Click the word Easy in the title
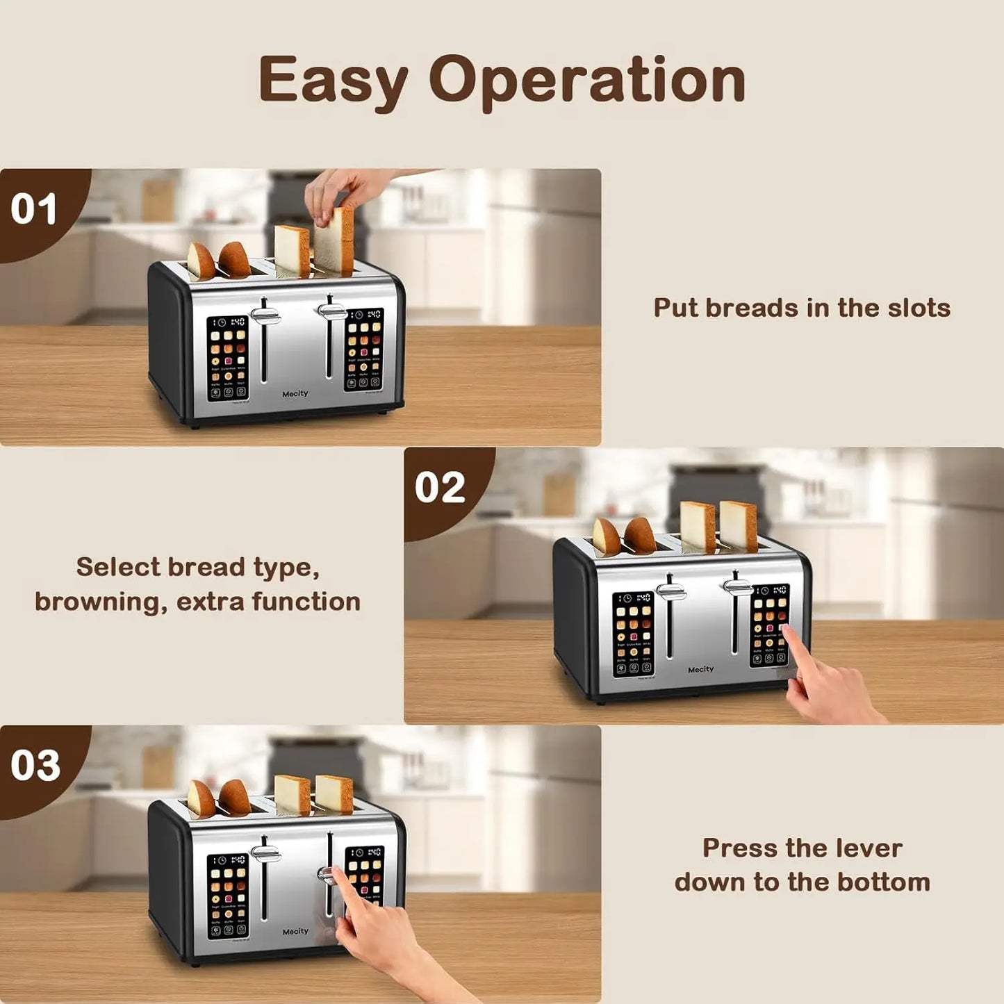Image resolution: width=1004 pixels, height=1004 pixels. [333, 81]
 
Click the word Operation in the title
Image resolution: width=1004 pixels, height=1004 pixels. [587, 81]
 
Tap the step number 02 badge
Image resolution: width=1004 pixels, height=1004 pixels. [440, 488]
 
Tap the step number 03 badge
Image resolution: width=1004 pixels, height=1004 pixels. [35, 766]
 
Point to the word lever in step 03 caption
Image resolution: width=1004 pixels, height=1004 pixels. [869, 848]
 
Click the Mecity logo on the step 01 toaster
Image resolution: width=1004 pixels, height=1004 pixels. [295, 394]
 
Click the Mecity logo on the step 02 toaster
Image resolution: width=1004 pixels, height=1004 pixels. [700, 670]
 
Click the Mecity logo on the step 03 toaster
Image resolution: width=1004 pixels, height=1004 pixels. [295, 932]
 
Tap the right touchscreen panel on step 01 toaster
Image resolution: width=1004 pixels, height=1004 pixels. [363, 349]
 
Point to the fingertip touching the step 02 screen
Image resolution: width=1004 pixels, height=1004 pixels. [785, 630]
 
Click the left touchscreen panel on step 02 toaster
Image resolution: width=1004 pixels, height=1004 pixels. [633, 634]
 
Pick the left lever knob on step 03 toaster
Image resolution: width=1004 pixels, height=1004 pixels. [265, 853]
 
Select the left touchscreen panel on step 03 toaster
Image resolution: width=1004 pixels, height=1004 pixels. [227, 896]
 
